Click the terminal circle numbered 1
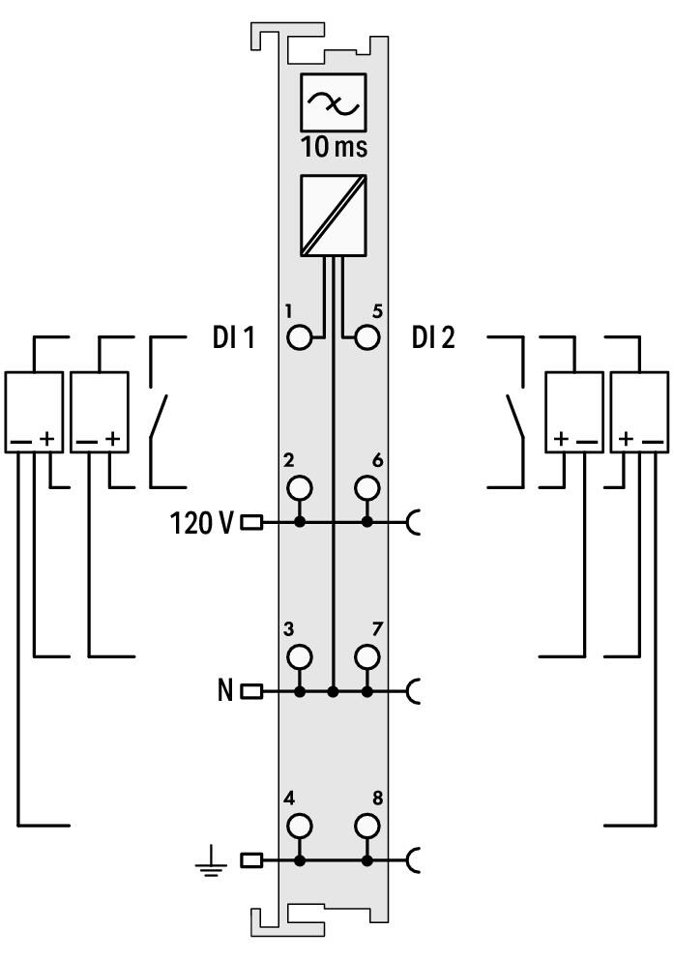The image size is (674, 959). (x=300, y=337)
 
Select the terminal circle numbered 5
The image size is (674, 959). (x=366, y=337)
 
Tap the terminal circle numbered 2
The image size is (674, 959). (x=300, y=487)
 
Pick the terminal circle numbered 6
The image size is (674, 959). (x=366, y=487)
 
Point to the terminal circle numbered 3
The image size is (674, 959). (x=300, y=656)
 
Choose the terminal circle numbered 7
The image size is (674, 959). (x=366, y=656)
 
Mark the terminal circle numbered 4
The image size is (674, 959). (x=300, y=826)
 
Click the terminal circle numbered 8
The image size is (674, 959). (x=366, y=826)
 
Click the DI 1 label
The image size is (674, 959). (x=233, y=337)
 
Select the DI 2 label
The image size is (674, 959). (x=433, y=337)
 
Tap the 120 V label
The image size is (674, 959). (x=201, y=523)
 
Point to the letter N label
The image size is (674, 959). (x=225, y=691)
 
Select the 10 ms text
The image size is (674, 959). (x=335, y=147)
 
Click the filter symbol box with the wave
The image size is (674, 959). (x=334, y=102)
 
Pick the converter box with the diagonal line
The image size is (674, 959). (x=334, y=216)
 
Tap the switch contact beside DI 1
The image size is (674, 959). (x=159, y=418)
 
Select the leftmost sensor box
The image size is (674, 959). (x=34, y=412)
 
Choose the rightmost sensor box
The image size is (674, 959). (x=639, y=412)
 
